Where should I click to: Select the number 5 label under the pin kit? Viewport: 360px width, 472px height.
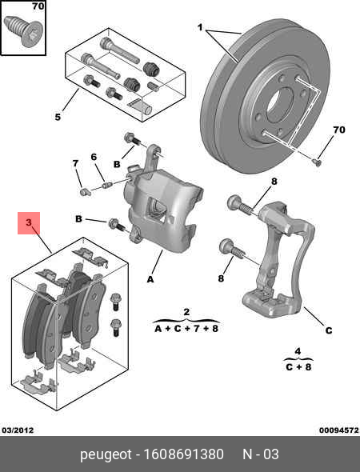coord(58,118)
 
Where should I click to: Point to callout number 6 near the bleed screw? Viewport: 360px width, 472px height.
coord(93,156)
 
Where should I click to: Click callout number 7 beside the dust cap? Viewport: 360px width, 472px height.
coord(76,164)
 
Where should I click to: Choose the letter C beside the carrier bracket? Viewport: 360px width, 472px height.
coord(328,330)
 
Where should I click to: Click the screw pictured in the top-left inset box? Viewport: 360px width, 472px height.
coord(22,33)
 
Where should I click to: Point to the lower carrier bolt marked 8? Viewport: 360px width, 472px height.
coord(230,249)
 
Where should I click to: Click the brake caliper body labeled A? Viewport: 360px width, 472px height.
coord(164,212)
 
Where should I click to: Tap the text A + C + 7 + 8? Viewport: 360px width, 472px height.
coord(186,327)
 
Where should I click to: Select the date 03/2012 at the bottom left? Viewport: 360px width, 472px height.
coord(18,430)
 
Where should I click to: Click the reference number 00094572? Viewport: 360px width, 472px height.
coord(338,430)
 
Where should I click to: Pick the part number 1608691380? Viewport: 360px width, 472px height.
coord(185,454)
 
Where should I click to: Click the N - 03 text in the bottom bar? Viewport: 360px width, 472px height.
coord(261,454)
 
